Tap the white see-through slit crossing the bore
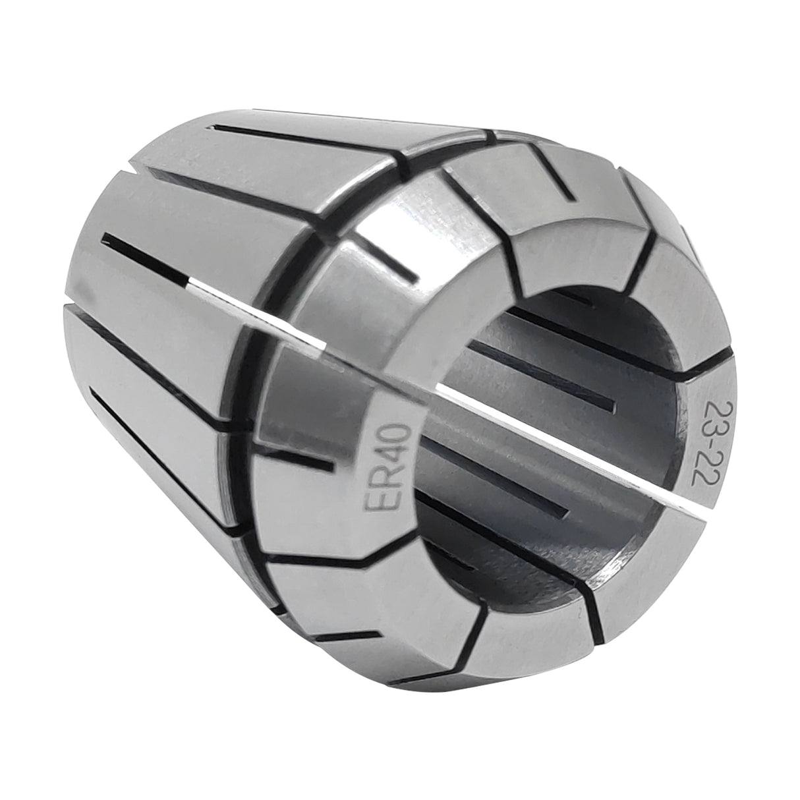point(527,435)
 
